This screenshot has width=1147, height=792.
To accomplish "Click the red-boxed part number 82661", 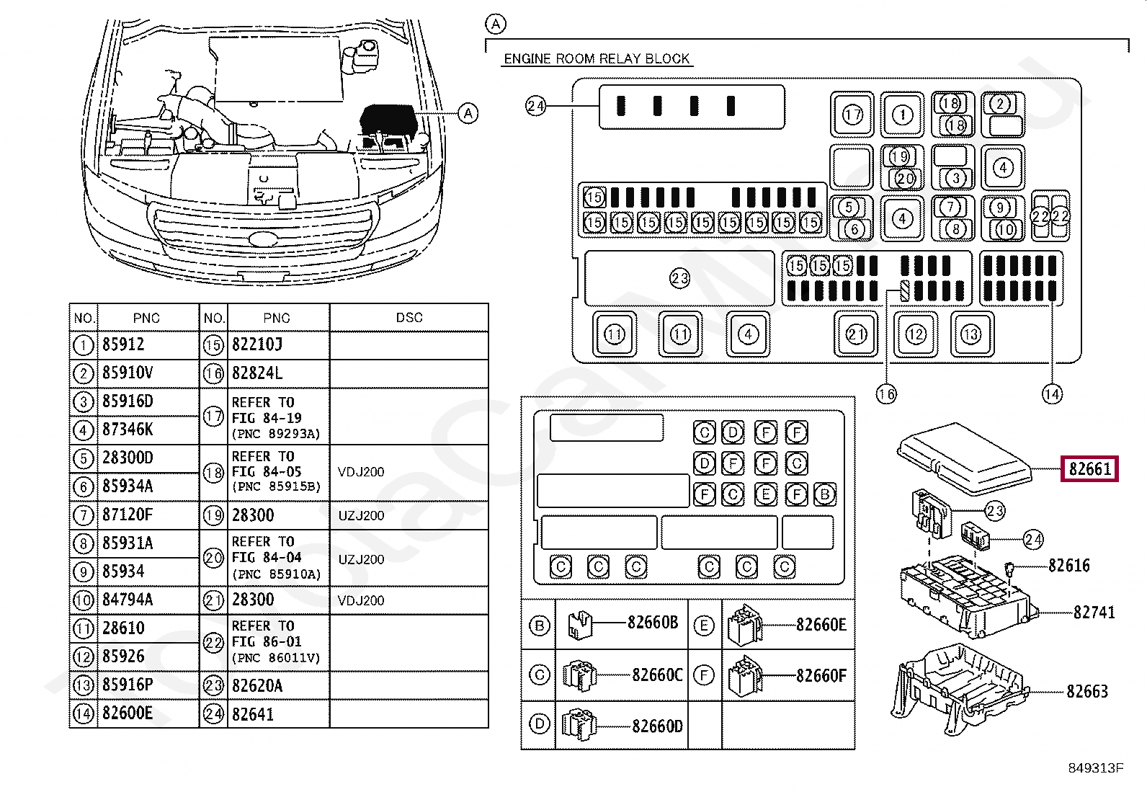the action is (1089, 468).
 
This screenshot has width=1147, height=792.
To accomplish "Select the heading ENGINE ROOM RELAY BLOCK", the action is (597, 59).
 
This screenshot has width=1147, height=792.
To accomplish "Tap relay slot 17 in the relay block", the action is (852, 115).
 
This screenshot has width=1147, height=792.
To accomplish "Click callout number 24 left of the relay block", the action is (535, 107).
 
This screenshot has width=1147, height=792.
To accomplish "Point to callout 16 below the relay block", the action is (886, 394).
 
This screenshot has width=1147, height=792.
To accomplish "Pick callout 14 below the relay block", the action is (1052, 394).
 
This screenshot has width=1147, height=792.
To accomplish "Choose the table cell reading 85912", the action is (123, 344).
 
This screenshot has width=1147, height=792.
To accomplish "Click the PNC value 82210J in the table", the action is (257, 344).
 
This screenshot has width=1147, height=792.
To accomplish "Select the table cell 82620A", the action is (257, 685).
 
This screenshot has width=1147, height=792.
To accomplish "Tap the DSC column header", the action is (409, 318).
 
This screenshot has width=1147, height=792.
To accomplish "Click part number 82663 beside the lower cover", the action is (1087, 692).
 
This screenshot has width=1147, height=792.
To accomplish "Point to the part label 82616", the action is (1069, 566).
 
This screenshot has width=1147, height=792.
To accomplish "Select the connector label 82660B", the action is (653, 623).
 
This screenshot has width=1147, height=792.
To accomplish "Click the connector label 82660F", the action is (821, 676).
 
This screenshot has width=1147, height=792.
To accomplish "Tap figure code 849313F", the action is (1096, 768).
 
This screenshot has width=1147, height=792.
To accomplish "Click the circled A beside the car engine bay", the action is (468, 113).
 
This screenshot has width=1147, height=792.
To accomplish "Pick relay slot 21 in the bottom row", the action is (856, 334).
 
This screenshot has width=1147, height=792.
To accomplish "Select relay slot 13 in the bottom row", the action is (971, 334).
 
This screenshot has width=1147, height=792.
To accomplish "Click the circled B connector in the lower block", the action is (824, 494).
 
